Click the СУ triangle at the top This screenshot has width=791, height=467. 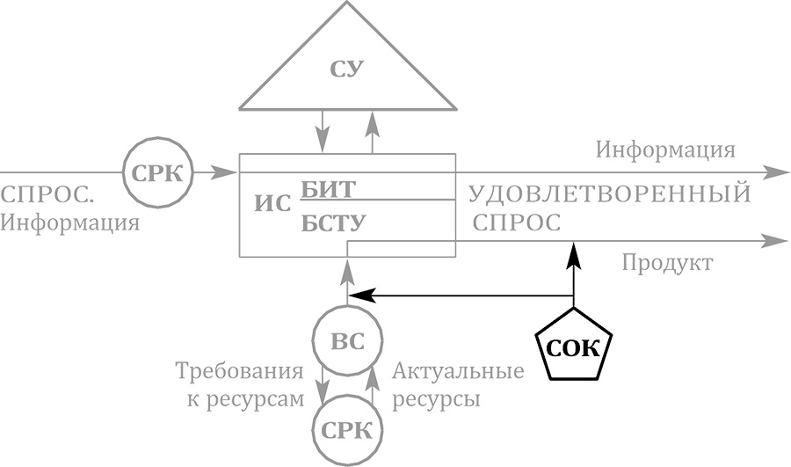click(x=348, y=70)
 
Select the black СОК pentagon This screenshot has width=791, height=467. click(x=573, y=346)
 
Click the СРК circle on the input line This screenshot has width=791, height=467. click(x=156, y=171)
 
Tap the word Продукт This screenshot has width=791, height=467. click(x=667, y=263)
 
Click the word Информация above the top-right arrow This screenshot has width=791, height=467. click(x=665, y=149)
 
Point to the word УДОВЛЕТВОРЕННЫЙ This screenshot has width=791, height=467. click(x=609, y=193)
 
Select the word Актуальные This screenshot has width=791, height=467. click(x=458, y=370)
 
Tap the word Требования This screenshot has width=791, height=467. click(x=241, y=370)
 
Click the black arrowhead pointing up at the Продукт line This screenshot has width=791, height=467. click(x=573, y=255)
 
